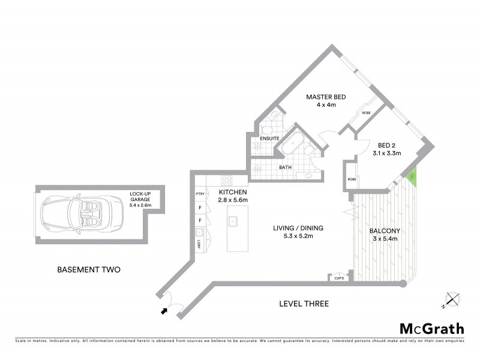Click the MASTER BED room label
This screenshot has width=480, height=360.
point(325,97)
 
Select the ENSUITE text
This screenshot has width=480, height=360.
point(269,139)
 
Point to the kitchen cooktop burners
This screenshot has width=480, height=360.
point(227,179)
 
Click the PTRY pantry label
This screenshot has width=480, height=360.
point(200,193)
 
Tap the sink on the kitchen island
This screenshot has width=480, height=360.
point(232,222)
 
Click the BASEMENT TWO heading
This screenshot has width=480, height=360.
point(88,269)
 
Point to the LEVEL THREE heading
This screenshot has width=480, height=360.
point(304,304)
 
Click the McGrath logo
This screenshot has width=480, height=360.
point(431,328)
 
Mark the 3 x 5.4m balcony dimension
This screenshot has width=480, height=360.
point(384,239)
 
